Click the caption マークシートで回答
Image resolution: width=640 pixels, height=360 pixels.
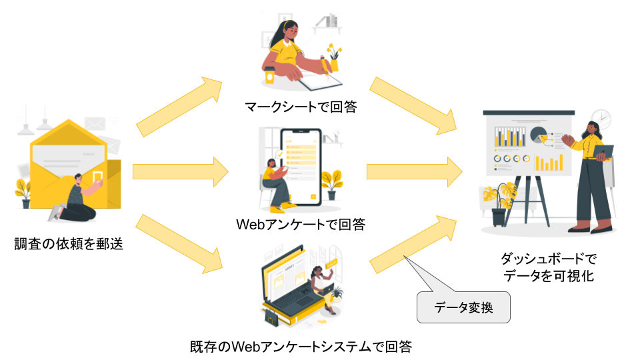point(300,106)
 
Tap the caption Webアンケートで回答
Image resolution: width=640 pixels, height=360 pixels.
point(301,224)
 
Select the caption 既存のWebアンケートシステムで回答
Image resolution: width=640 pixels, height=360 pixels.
point(301,347)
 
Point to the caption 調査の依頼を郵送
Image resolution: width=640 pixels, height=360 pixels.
point(69,244)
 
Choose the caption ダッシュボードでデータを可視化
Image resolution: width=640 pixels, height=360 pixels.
point(549,267)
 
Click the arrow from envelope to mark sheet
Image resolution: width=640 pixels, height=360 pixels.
point(180,107)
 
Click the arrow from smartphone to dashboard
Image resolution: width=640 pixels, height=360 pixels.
point(413,171)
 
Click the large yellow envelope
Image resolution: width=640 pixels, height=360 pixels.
point(67,160)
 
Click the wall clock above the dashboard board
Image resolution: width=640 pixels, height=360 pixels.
point(601,117)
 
